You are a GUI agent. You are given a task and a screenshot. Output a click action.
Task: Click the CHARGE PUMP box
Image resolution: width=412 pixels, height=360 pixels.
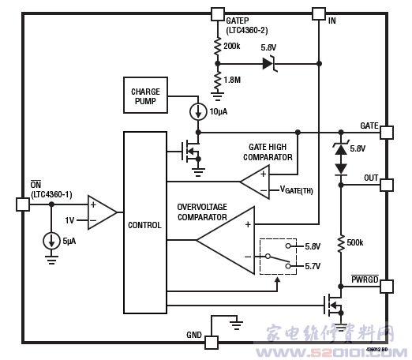point(145,95)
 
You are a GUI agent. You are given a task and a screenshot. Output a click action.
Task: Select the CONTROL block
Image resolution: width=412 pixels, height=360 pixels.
point(145,223)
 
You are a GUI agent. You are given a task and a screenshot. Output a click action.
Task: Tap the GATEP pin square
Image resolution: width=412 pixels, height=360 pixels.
point(218,14)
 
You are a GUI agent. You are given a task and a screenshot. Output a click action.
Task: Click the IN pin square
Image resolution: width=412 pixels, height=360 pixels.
point(319,14)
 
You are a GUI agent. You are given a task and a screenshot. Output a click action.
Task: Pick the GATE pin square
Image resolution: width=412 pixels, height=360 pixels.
point(387,133)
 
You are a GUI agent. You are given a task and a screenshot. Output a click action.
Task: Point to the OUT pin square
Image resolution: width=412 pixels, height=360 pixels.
point(387,185)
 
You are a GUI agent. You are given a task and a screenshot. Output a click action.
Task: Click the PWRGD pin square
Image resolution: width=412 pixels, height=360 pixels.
point(387,287)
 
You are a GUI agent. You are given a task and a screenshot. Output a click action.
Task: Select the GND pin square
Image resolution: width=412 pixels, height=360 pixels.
point(212,343)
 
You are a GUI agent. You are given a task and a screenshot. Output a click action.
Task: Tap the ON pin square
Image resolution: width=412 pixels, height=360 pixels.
point(23,204)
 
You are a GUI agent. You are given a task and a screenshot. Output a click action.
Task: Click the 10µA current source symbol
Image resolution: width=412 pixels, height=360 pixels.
point(198,111)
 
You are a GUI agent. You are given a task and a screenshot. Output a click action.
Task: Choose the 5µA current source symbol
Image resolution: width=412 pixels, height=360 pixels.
point(51,241)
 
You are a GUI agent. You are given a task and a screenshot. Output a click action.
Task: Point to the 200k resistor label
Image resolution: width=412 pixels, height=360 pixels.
point(232,46)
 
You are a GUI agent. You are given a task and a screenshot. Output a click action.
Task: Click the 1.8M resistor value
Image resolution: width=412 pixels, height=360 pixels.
point(232,80)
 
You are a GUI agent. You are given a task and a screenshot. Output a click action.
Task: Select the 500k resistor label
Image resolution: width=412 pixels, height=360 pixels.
point(355,242)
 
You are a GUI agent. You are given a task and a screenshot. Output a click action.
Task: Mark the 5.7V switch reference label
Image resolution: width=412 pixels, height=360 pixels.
point(313,266)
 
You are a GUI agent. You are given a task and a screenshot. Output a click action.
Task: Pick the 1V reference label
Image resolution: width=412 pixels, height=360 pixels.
point(69,220)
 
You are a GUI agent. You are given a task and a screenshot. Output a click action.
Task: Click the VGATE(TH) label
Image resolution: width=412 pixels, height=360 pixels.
point(297,189)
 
